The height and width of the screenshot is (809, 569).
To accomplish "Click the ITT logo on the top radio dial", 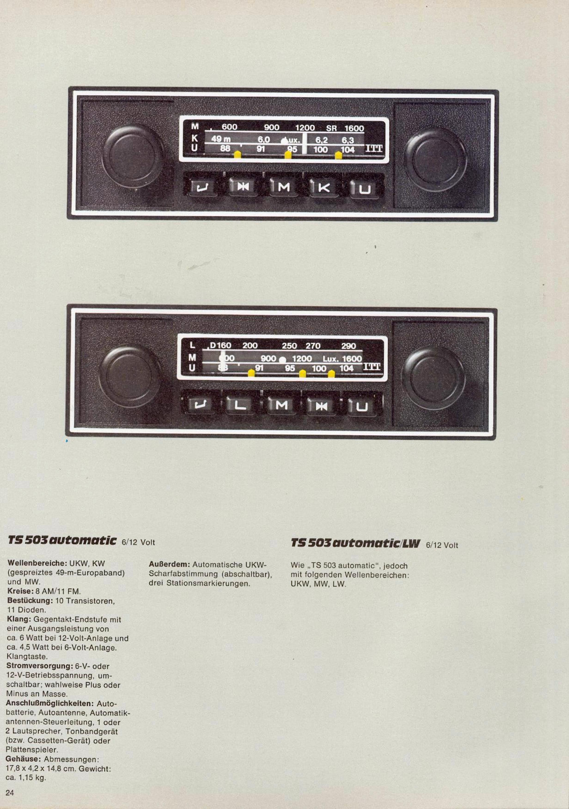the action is tap(374, 148).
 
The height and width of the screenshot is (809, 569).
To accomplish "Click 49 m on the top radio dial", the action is tap(221, 140).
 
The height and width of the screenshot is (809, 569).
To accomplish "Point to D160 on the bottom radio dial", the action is tap(220, 345).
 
